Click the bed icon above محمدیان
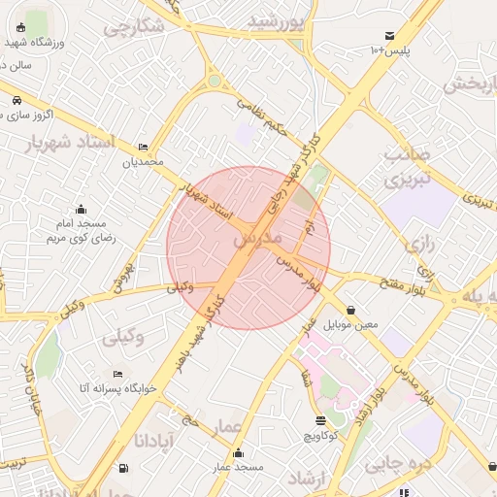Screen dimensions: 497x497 coord(144,147)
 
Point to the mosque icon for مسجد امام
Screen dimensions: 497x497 coord(82,209)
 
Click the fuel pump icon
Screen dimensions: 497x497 coord(122,469)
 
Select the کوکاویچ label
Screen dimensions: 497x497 coord(321,436)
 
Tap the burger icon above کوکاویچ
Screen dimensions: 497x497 coord(321,420)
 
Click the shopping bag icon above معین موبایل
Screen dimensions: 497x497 coord(349,311)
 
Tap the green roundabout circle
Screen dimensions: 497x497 coord(215,82)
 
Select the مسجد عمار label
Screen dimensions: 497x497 coord(239,468)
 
